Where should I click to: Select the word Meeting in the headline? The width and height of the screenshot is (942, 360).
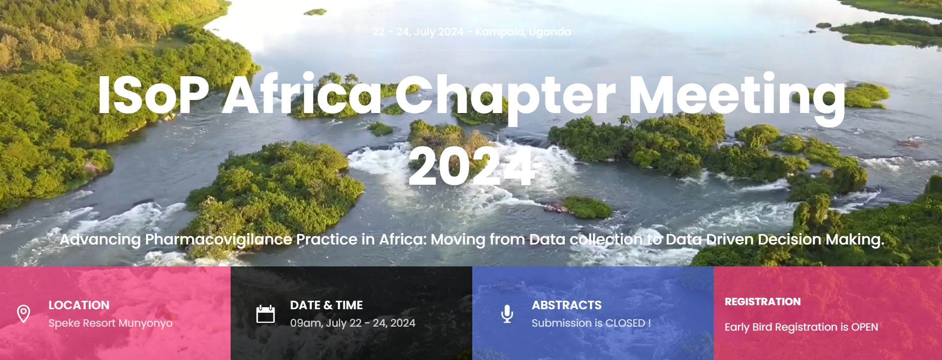point(737,98)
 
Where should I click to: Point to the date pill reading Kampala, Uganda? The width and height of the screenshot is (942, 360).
point(472,32)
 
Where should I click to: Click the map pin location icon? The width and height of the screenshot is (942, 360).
point(23,314)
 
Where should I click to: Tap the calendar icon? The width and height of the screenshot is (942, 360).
point(266,314)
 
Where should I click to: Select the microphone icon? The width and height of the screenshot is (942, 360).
point(507,314)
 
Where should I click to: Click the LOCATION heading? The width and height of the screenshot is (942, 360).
point(79,305)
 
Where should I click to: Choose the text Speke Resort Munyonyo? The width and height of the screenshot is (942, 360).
point(111,323)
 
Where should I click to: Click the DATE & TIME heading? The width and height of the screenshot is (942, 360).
point(326,305)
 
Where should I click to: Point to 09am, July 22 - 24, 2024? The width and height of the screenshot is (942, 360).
point(353,323)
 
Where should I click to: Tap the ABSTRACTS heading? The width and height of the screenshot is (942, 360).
point(566,305)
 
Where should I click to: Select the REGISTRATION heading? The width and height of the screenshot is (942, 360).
point(763,302)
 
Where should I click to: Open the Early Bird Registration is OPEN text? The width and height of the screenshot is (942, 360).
point(801,327)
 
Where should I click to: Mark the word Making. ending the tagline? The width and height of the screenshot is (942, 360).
point(855,240)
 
